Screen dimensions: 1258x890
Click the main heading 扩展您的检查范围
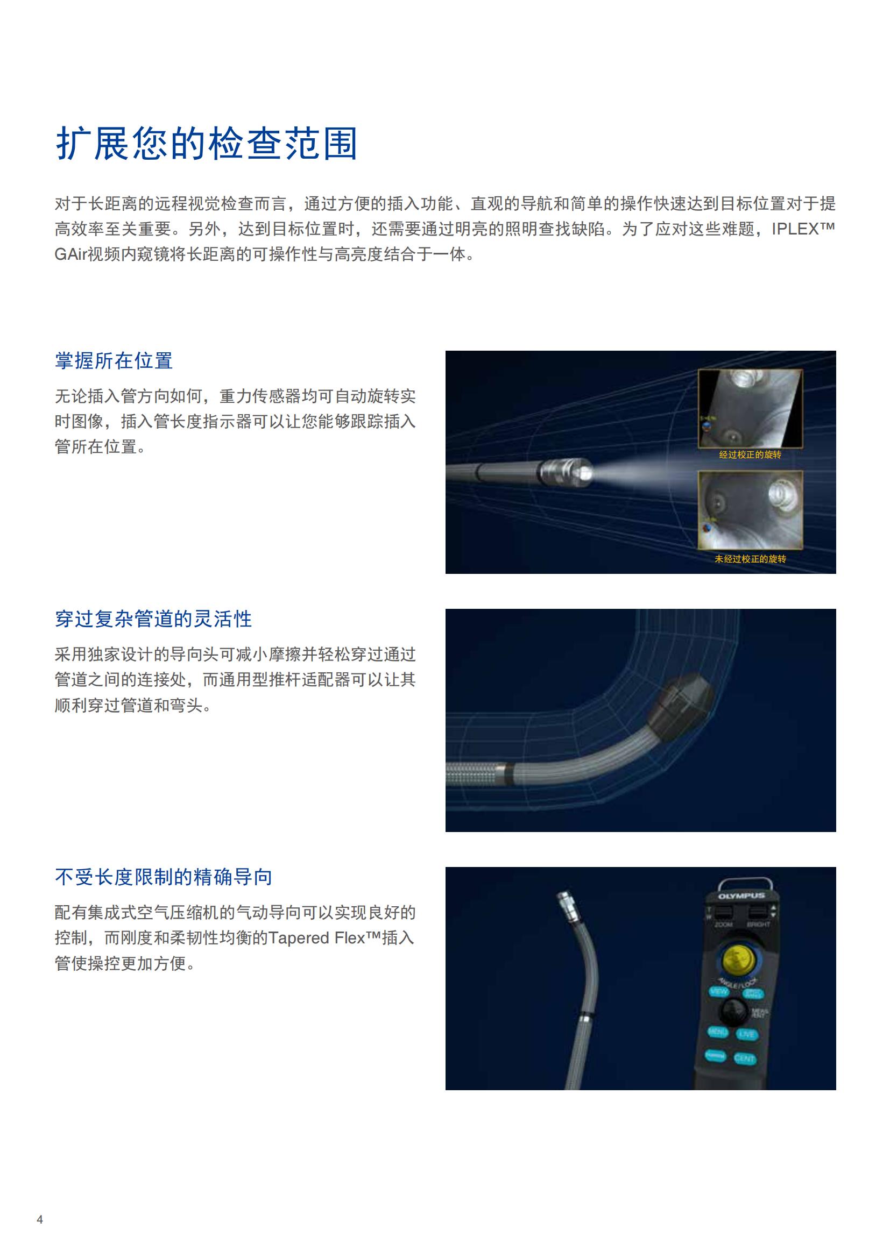(207, 144)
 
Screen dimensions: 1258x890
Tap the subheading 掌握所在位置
(114, 360)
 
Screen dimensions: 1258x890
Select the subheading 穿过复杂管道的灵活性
(153, 619)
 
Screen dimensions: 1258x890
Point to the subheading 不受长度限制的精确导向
(164, 877)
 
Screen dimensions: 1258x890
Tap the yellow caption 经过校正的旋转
(750, 454)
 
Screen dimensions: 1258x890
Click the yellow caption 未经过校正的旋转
(750, 559)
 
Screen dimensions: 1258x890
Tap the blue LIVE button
(746, 1034)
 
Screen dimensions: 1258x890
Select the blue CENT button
(744, 1058)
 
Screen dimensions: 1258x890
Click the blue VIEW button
(718, 991)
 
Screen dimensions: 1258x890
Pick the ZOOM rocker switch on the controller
(723, 912)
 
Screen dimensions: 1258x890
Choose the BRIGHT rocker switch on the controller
(758, 912)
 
